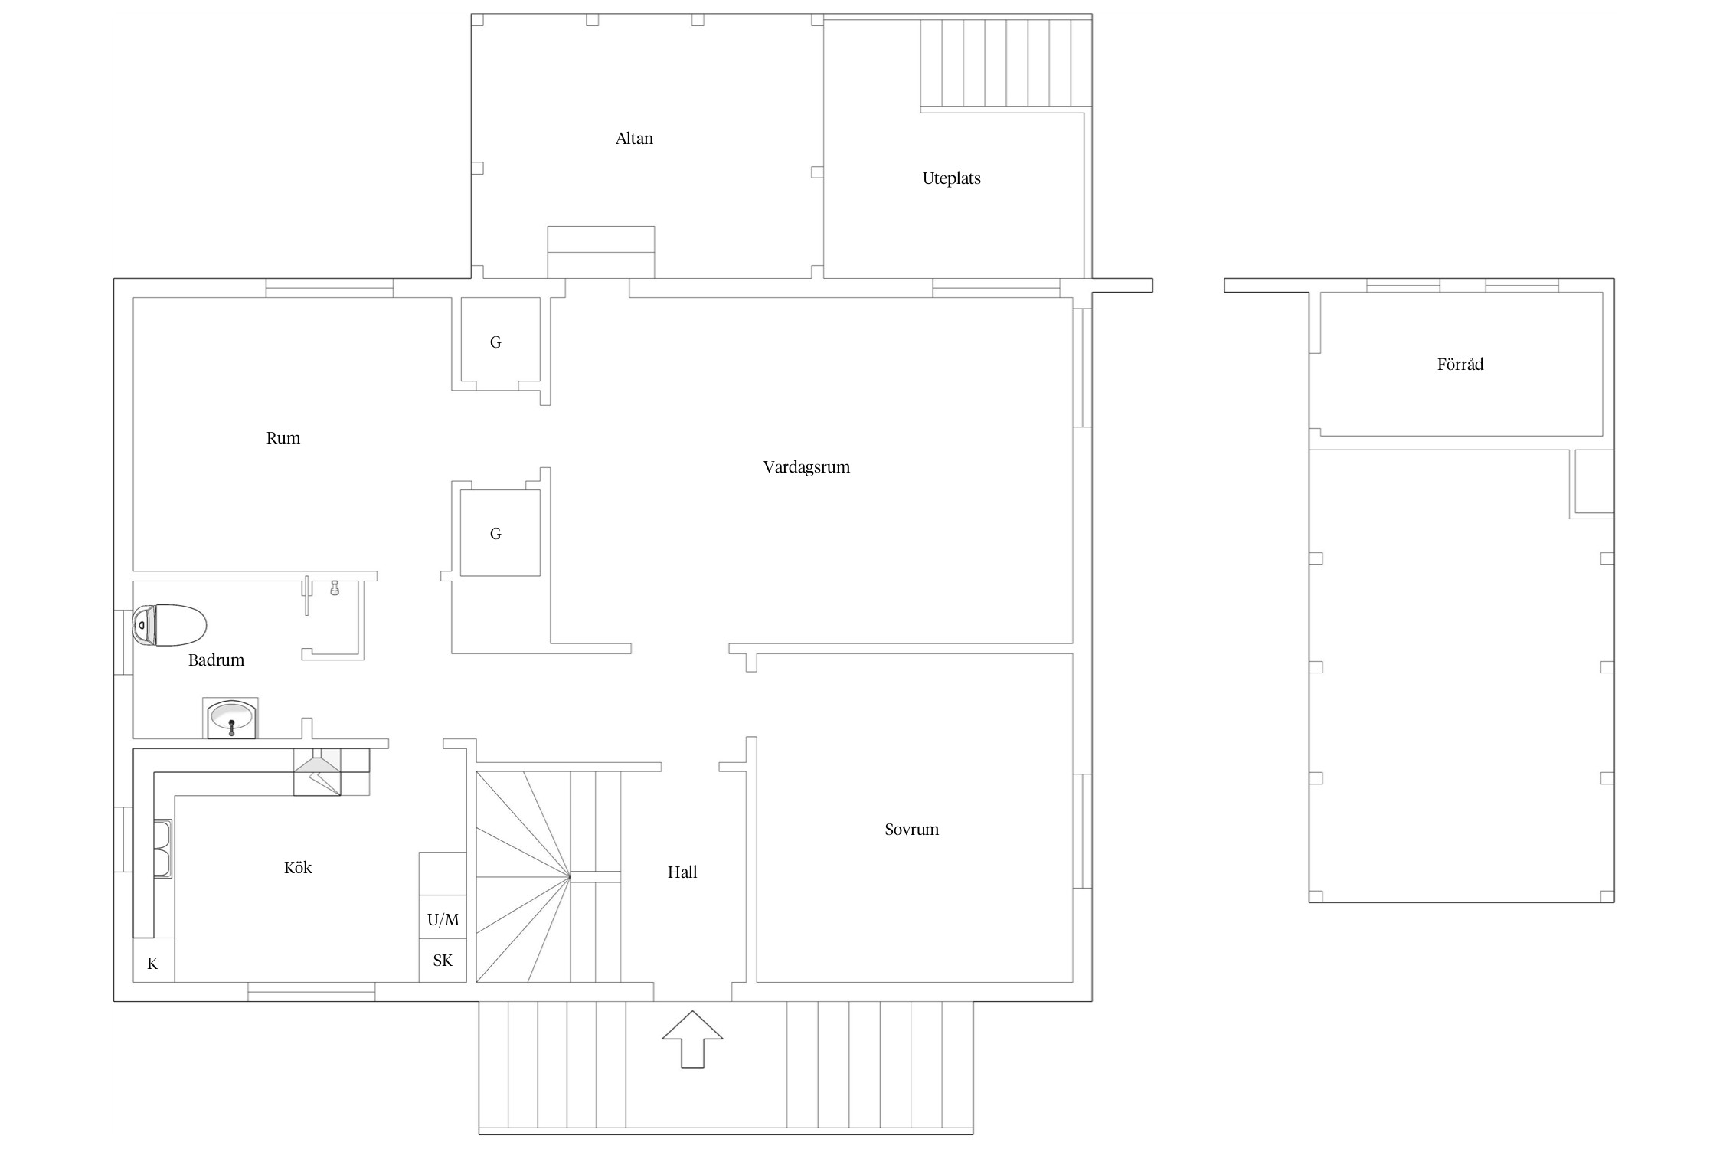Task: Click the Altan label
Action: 634,139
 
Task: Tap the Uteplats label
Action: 951,178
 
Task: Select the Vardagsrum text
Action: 806,467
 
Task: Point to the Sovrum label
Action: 911,829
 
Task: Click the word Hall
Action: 682,872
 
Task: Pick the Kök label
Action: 298,867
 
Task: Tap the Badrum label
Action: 216,660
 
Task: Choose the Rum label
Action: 283,438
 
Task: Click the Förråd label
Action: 1460,364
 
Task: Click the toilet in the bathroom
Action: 169,626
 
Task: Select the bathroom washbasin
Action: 230,719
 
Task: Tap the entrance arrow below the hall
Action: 692,1039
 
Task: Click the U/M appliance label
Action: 443,920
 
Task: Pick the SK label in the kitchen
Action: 443,961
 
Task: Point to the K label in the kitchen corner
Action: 152,964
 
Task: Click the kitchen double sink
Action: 162,848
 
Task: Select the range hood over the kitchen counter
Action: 317,772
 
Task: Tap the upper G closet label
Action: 495,342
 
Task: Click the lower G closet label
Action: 495,534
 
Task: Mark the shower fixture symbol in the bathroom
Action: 335,588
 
